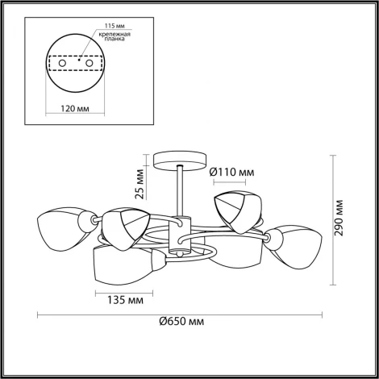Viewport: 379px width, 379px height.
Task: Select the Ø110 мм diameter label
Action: [231, 172]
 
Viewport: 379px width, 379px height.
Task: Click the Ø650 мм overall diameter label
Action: [181, 322]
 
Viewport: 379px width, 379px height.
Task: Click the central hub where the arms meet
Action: [181, 239]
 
